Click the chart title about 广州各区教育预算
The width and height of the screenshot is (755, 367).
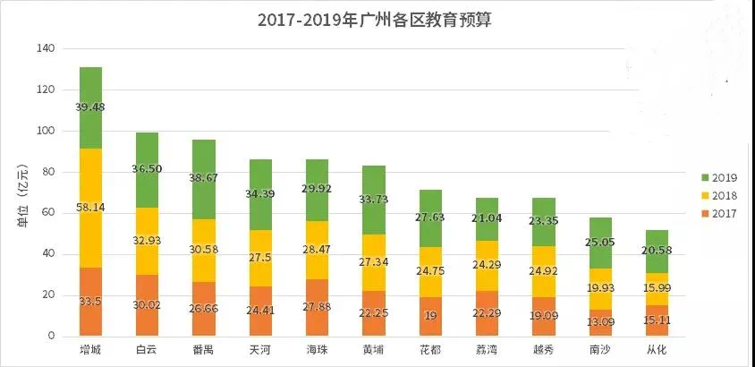374,20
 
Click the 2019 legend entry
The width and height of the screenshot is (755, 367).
717,177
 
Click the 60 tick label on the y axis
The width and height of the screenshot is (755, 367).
47,213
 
